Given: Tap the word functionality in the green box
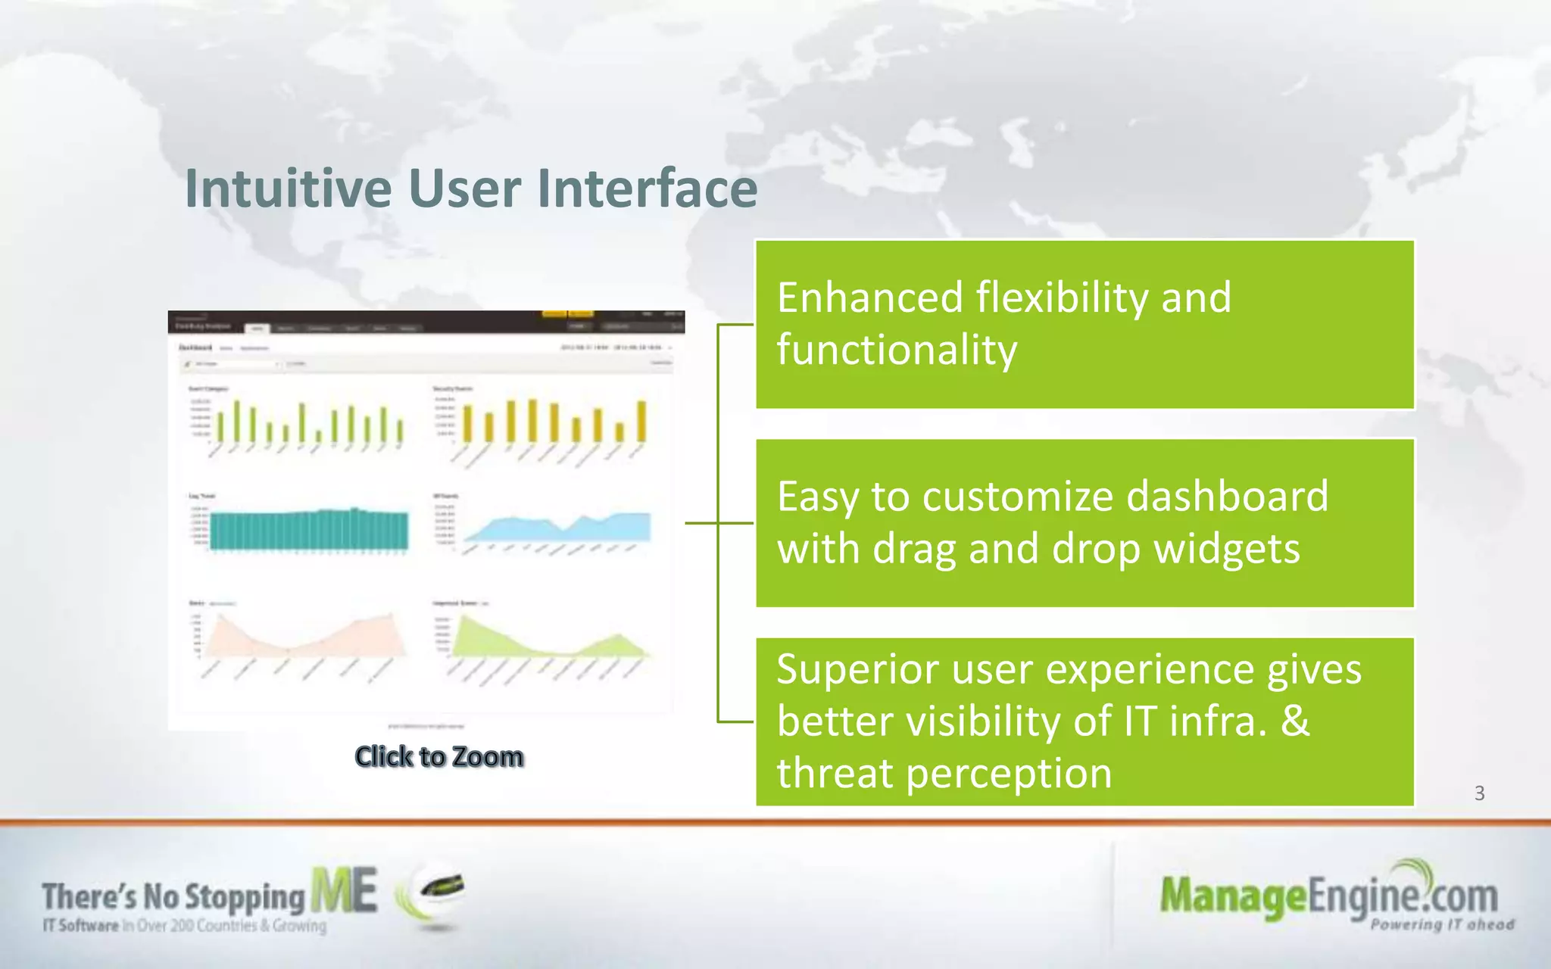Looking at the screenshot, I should tap(897, 351).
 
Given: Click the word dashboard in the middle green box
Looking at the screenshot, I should tap(1227, 497).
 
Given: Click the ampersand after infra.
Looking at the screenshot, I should tap(1295, 721).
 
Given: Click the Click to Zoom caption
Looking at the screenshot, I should tap(439, 756).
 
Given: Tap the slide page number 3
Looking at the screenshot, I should tap(1479, 793).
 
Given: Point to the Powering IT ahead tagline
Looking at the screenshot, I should tap(1442, 925).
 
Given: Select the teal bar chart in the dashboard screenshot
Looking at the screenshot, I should tap(309, 530).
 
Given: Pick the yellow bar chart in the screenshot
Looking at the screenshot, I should tap(553, 422).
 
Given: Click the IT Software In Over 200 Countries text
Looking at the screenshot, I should tap(184, 926).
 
